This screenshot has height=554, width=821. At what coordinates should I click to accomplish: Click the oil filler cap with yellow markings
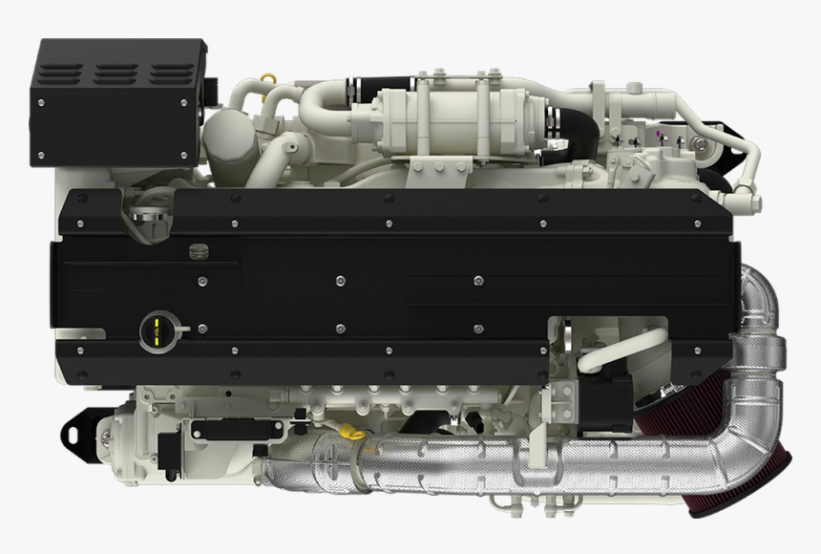(154, 330)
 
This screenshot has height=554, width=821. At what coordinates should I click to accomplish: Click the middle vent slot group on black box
(116, 75)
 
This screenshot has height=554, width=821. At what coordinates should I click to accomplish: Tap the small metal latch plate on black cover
(198, 251)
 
